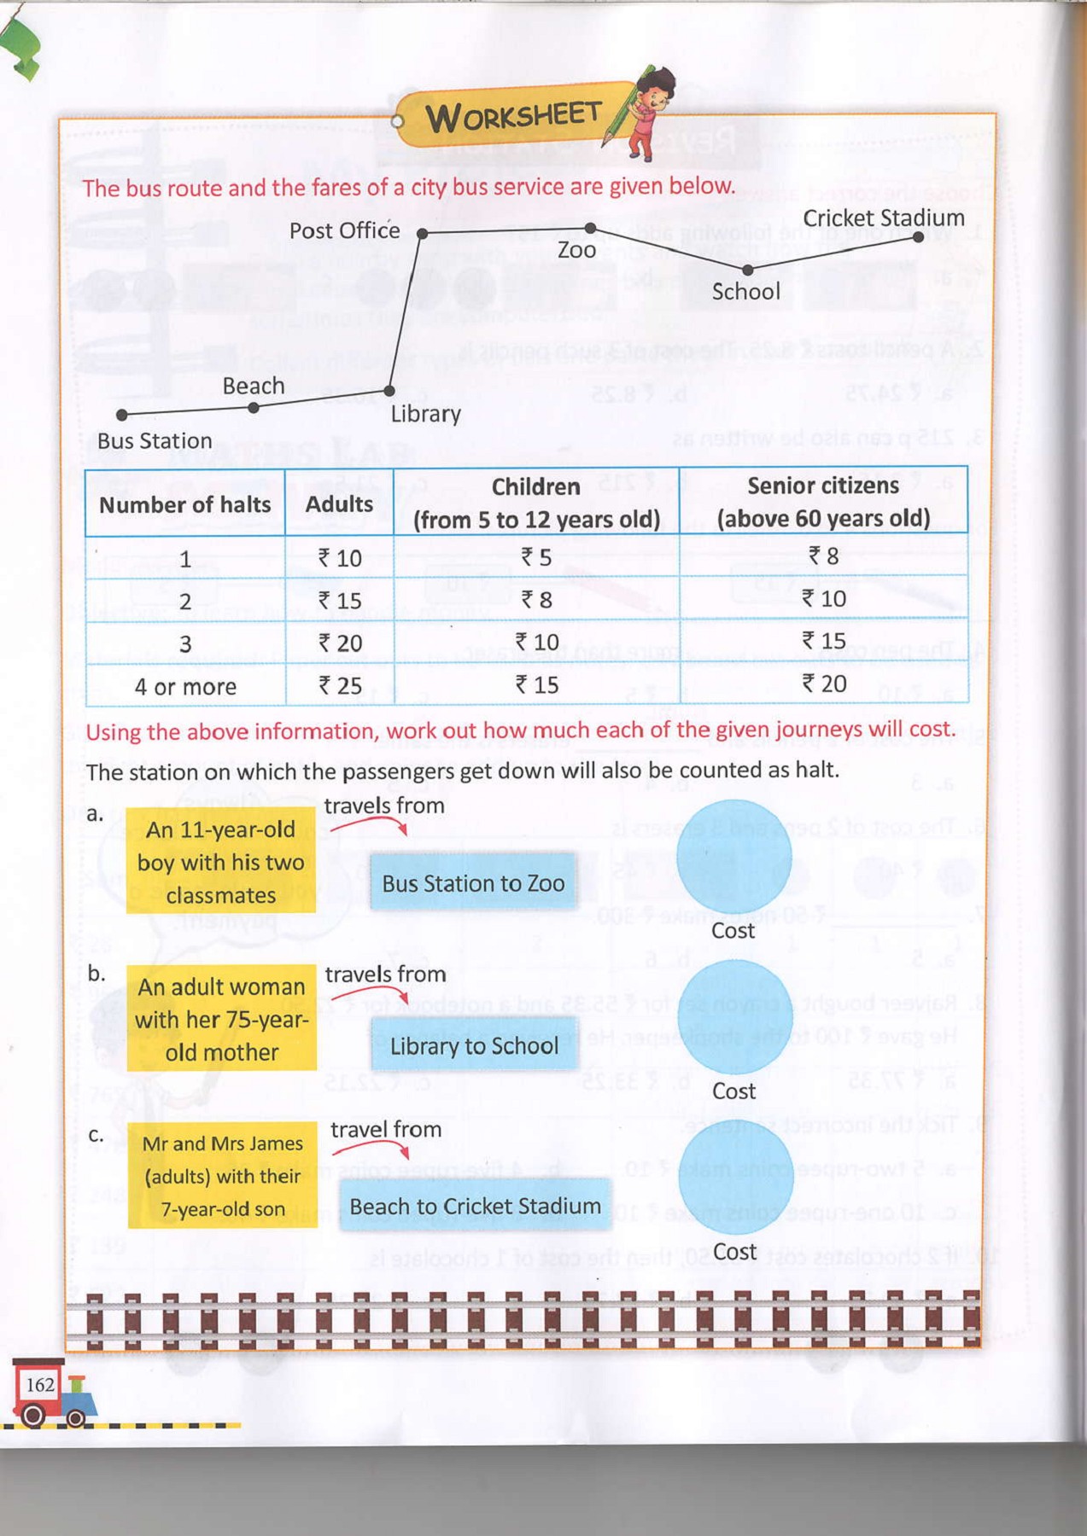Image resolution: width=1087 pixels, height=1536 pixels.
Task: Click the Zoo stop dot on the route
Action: tap(590, 228)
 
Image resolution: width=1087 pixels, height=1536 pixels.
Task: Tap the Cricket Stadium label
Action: tap(883, 218)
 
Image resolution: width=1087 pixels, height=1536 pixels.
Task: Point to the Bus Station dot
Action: tap(122, 415)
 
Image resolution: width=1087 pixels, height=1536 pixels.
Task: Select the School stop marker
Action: tap(747, 270)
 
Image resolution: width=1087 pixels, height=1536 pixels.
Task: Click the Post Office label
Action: tap(344, 230)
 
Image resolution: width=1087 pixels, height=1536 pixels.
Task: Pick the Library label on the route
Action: tap(425, 415)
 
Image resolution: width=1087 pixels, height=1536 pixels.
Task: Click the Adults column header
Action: tap(339, 504)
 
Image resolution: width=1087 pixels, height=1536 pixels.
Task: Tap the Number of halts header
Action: tap(184, 505)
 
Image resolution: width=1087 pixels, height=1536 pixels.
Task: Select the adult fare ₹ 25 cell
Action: tap(340, 685)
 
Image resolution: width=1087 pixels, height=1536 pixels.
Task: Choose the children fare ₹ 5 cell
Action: tap(536, 557)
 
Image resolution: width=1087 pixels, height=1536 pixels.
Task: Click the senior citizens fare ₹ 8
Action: tap(823, 556)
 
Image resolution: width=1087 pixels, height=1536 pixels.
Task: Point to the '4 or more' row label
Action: tap(185, 686)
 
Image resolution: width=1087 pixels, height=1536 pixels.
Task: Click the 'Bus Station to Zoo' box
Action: tap(473, 883)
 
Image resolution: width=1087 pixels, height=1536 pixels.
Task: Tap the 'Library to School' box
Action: tap(474, 1045)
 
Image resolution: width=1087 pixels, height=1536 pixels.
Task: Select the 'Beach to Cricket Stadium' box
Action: tap(475, 1206)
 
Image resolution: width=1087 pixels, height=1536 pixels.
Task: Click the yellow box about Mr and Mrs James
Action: tap(222, 1175)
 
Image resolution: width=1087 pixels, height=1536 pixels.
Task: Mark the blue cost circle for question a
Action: tap(734, 856)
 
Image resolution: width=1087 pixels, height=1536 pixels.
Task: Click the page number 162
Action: tap(40, 1384)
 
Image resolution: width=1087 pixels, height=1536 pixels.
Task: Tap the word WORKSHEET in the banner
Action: tap(513, 115)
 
